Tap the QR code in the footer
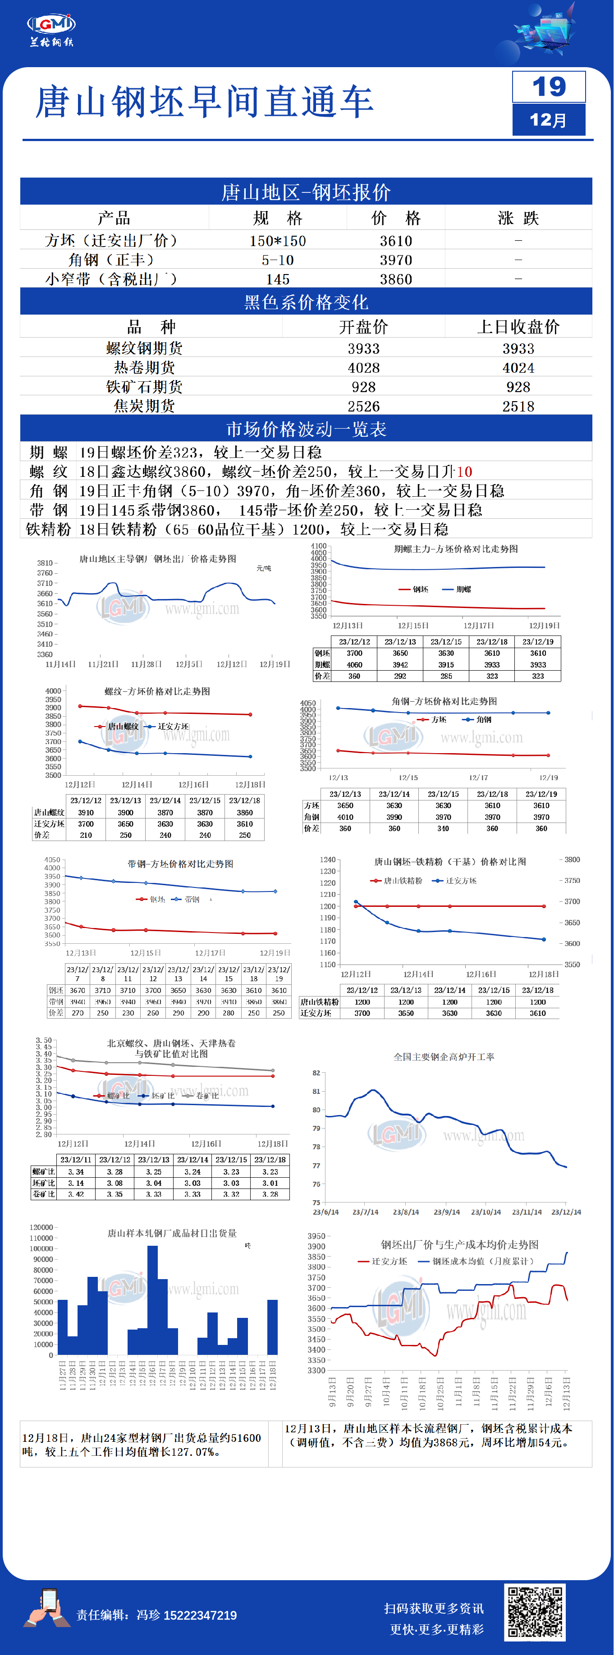point(536,1611)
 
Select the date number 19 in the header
point(549,87)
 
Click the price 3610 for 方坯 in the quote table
point(395,241)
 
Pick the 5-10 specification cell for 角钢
point(277,260)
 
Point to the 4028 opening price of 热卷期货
point(363,368)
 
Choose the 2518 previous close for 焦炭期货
point(518,407)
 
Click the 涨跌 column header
point(518,219)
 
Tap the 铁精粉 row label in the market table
point(48,530)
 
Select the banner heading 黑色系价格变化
point(306,302)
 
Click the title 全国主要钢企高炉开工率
point(444,1057)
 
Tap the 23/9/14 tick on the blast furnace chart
point(447,1212)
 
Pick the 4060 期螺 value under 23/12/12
point(354,665)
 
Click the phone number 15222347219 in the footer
point(200,1615)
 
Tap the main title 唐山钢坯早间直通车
point(205,102)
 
